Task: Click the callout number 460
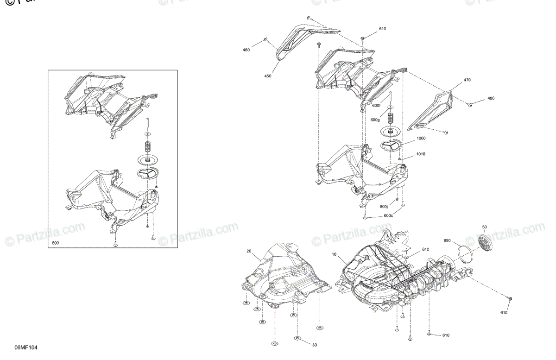246,50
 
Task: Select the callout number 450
268,76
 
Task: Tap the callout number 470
467,80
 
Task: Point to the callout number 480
491,99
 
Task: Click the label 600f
376,106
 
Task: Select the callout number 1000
421,138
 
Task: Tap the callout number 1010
421,154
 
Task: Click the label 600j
384,207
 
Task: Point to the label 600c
388,215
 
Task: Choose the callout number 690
447,241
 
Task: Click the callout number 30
315,345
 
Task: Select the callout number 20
249,251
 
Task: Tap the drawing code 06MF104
26,347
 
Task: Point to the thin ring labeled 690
465,255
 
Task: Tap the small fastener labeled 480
470,105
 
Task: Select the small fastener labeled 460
265,40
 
